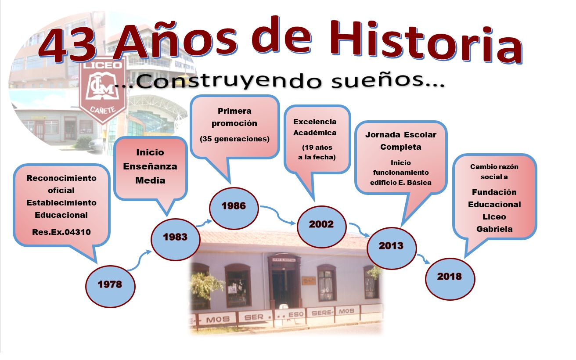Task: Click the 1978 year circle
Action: point(110,286)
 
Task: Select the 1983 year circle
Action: point(175,239)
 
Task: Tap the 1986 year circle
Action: point(234,208)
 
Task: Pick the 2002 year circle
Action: point(321,227)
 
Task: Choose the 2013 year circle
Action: point(391,248)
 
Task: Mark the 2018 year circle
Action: point(450,279)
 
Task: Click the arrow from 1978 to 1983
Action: point(139,260)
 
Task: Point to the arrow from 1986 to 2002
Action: point(278,215)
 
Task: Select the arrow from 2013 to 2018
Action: point(423,259)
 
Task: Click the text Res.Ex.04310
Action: point(61,232)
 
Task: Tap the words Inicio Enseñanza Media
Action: point(150,166)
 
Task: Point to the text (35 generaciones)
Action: point(234,139)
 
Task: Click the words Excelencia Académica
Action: point(315,127)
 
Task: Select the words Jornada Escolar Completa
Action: point(401,140)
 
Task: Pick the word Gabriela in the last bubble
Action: point(494,229)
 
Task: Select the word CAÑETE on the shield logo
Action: point(103,110)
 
